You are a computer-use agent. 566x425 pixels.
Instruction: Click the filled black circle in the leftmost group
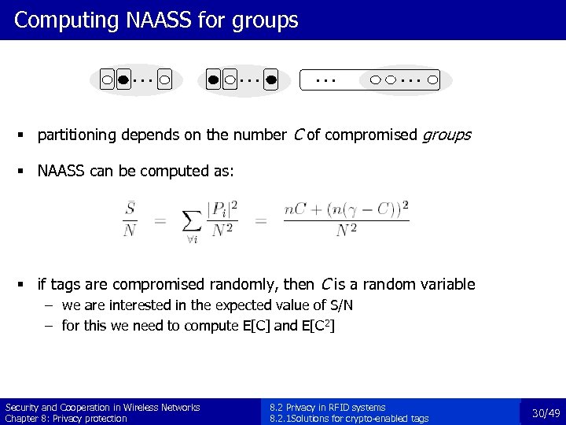[123, 79]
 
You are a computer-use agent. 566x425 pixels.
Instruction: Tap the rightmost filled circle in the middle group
[270, 79]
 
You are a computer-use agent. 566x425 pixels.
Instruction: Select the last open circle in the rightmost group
[433, 79]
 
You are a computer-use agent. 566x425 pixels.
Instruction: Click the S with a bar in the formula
[130, 209]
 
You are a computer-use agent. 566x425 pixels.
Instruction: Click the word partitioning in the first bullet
[77, 135]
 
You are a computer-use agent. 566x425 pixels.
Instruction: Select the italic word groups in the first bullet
[447, 135]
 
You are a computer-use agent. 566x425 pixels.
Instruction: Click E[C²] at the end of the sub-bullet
[318, 325]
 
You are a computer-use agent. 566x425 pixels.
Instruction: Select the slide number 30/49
[546, 412]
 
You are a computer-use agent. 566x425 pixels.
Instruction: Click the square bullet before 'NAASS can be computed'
[28, 171]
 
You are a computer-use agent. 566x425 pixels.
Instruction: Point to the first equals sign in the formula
[160, 221]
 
